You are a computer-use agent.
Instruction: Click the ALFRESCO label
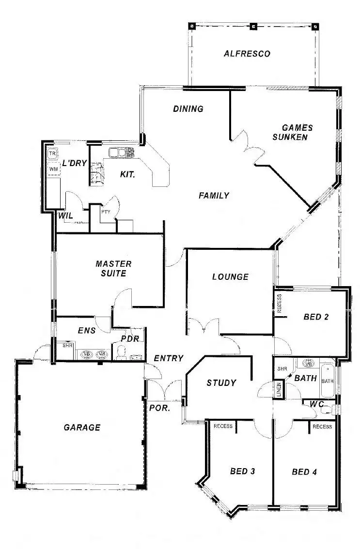[247, 54]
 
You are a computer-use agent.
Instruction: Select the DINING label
[188, 109]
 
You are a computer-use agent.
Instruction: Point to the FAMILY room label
[214, 196]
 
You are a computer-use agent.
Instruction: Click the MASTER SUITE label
[113, 269]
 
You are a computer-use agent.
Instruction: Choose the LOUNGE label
[230, 277]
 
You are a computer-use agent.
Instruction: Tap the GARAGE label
[82, 427]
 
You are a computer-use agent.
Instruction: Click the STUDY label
[221, 383]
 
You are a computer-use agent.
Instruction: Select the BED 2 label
[316, 317]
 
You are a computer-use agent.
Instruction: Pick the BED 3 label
[243, 471]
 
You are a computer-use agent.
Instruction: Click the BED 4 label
[305, 472]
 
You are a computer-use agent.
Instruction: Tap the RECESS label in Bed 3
[223, 427]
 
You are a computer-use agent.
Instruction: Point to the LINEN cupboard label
[279, 390]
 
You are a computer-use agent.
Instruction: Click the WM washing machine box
[53, 169]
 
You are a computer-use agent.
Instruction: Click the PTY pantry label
[106, 212]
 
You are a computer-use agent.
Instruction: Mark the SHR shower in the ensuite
[67, 346]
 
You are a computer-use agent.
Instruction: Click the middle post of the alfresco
[252, 26]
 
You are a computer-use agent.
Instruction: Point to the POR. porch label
[159, 408]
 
